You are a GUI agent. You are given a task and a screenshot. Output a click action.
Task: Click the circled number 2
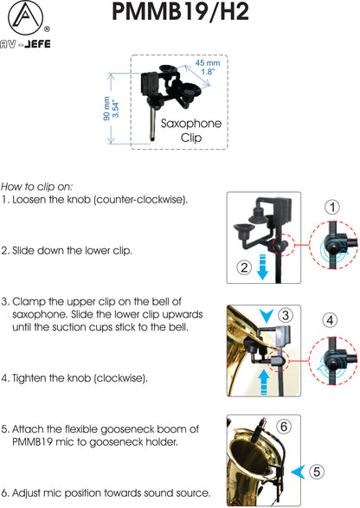[x=244, y=267]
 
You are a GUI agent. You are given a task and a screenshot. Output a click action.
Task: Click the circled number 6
[x=284, y=426]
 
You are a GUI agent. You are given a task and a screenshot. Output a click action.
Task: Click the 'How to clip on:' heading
[x=37, y=186]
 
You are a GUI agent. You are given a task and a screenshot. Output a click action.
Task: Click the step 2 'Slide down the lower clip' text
[x=67, y=250]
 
